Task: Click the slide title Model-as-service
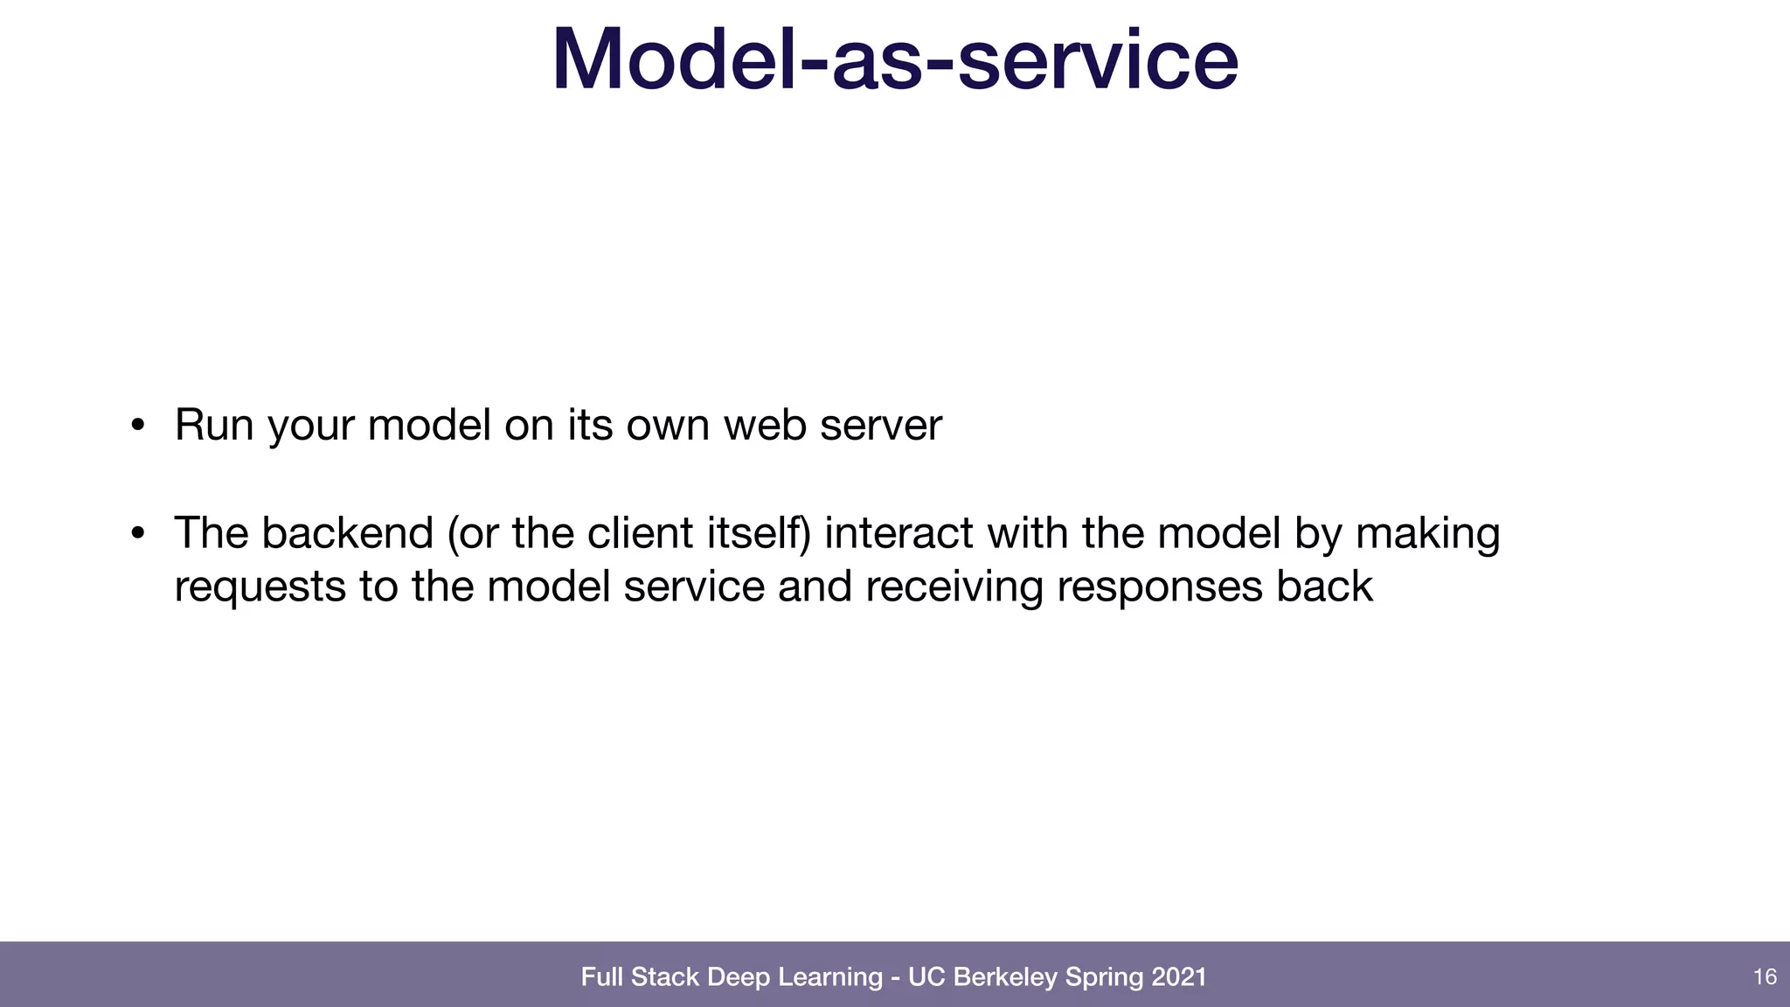895,59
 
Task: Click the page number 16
1765,976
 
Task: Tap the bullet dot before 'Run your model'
137,426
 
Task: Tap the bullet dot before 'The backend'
137,533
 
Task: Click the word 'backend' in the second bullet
347,533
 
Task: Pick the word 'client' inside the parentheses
641,533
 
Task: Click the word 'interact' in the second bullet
898,533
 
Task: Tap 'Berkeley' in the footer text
1005,976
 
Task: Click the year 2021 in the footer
1179,976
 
